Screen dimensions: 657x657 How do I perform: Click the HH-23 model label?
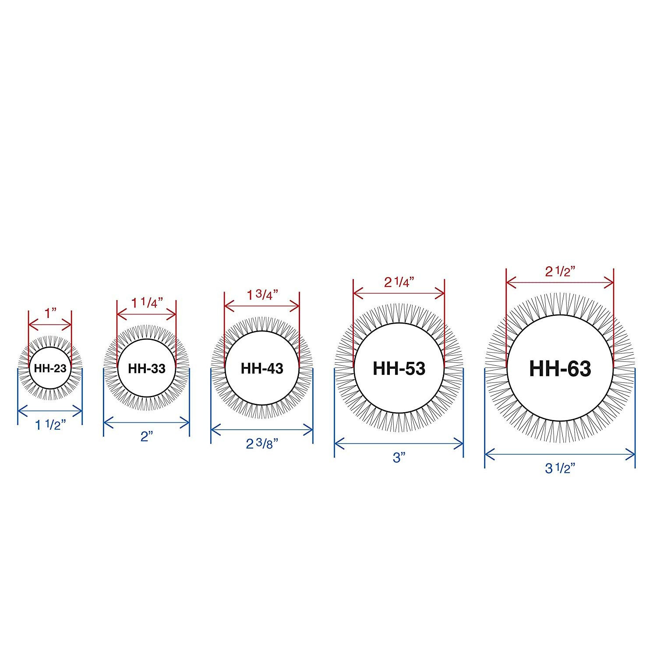(50, 368)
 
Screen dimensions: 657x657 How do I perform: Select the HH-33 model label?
(147, 368)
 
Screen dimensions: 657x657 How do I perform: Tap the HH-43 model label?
(262, 368)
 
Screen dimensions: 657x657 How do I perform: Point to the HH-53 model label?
(399, 368)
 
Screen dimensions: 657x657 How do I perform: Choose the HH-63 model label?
(560, 368)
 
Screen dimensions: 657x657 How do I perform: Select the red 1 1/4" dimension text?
(147, 303)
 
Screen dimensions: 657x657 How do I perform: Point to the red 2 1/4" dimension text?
(399, 282)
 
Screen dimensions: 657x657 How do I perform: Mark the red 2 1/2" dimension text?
(560, 272)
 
